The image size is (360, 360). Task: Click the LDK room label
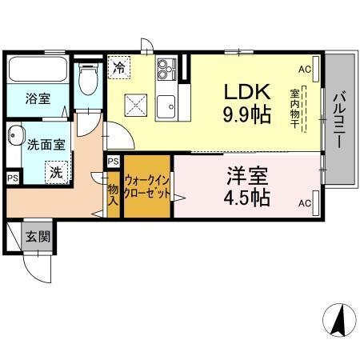(x=239, y=91)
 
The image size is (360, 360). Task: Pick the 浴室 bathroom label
(x=38, y=99)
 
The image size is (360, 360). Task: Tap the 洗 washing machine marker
(x=55, y=172)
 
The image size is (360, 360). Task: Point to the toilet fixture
(x=90, y=78)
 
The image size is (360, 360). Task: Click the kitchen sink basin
(x=166, y=106)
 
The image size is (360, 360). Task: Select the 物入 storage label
(x=114, y=195)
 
